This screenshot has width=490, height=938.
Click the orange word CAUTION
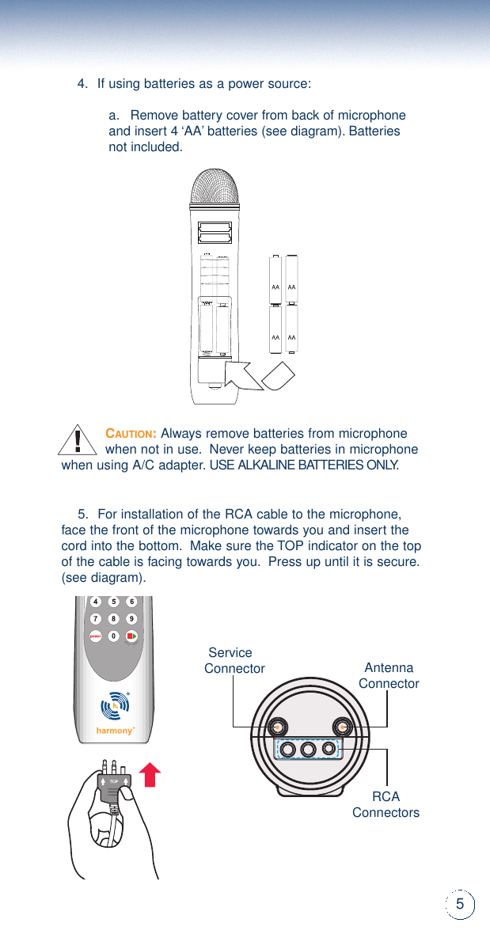pos(131,434)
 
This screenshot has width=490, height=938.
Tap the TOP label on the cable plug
pos(114,780)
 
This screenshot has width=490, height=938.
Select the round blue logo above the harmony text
pos(116,704)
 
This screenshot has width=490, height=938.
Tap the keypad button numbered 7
pos(95,618)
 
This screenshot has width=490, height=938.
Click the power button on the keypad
pos(95,636)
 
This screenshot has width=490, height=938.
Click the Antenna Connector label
pos(389,675)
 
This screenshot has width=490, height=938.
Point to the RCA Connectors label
pos(386,804)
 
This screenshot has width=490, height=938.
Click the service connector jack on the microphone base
pos(277,726)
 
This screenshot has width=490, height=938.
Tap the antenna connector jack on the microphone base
pos(342,726)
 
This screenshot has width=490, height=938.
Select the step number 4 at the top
pos(82,84)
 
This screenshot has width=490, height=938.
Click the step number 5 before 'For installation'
pos(82,515)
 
